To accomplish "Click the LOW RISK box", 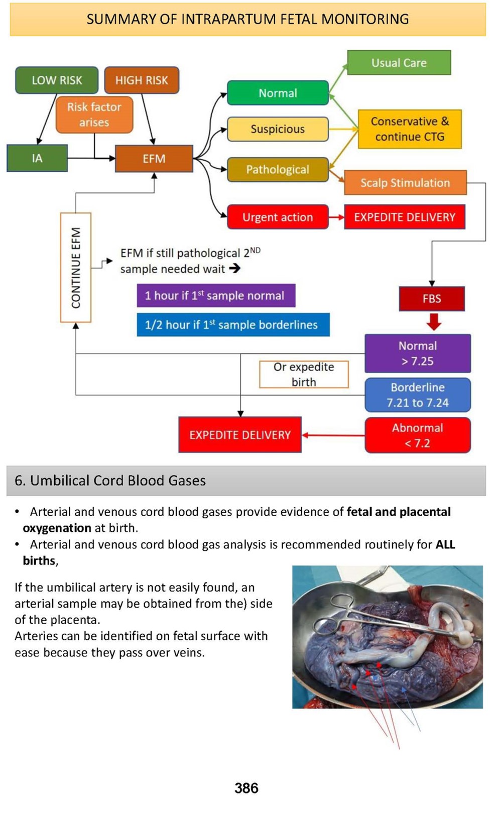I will (x=57, y=80).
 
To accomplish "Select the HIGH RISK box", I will (x=142, y=80).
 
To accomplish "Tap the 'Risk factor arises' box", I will (x=94, y=114).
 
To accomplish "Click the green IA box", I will (x=37, y=159).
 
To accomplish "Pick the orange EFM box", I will (x=154, y=159).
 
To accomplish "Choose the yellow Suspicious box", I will (x=278, y=129).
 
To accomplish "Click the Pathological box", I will (x=278, y=170).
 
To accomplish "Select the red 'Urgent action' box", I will (x=278, y=217).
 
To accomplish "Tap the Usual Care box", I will (x=399, y=63).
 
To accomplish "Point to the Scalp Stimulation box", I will (x=405, y=183).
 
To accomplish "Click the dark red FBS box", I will (x=432, y=299).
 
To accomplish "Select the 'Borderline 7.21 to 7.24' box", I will (x=418, y=395).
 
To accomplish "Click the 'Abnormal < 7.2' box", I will (x=418, y=435).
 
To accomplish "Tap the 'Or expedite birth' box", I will (x=304, y=375).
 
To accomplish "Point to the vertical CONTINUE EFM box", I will (x=76, y=267).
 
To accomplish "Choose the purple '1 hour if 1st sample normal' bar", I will (x=216, y=296).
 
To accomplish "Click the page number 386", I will (x=246, y=788).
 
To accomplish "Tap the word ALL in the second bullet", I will (x=445, y=545).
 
